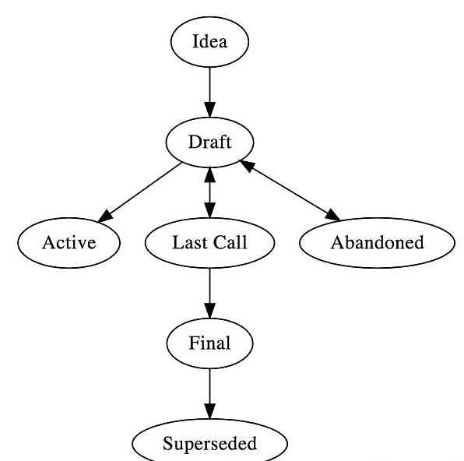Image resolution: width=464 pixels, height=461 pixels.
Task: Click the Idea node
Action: [x=209, y=42]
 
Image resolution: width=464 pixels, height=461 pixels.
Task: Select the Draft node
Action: [x=209, y=143]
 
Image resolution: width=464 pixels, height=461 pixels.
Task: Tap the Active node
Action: [x=69, y=243]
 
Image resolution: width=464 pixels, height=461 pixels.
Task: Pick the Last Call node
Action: [x=209, y=243]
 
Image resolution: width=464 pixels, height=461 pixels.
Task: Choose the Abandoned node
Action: [x=377, y=243]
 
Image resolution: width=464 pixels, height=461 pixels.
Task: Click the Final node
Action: [x=209, y=343]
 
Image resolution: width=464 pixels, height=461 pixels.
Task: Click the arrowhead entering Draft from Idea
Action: [x=209, y=110]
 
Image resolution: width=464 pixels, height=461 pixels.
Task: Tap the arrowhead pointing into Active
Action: [x=105, y=216]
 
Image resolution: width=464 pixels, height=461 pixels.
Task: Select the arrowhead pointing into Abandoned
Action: [x=333, y=215]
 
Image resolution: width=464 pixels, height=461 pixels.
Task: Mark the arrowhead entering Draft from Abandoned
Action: [x=247, y=166]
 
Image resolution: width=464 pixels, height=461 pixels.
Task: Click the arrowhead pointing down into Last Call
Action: [x=209, y=210]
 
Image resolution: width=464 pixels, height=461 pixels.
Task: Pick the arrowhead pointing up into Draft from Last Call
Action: [x=209, y=175]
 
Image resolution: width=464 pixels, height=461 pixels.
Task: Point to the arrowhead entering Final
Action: [x=209, y=311]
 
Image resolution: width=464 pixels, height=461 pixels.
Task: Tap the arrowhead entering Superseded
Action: [x=209, y=411]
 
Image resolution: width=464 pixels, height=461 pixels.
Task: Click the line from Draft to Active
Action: [x=139, y=192]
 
